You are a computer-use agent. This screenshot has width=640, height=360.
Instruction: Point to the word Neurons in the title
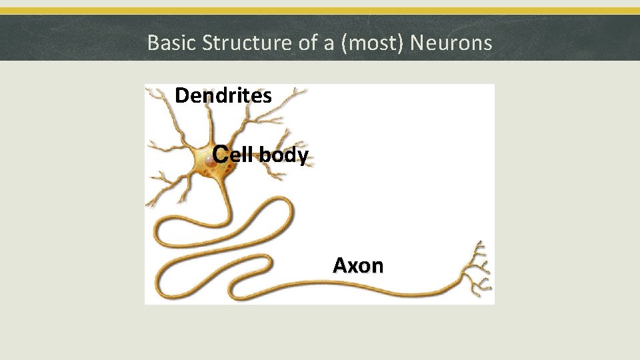[x=451, y=43]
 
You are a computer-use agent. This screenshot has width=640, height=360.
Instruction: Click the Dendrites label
[x=223, y=96]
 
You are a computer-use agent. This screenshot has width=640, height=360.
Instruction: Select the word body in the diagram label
[x=283, y=156]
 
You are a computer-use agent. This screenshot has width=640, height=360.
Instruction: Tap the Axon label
[x=358, y=265]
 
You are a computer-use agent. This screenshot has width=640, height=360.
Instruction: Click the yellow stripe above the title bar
[x=320, y=11]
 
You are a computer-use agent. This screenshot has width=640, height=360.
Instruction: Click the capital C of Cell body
[x=221, y=155]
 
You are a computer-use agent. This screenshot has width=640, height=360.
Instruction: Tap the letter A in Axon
[x=339, y=265]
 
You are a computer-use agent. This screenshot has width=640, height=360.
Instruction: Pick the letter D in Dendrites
[x=181, y=96]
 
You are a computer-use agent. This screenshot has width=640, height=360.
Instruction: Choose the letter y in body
[x=303, y=158]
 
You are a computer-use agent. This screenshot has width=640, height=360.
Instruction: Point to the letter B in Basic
[x=152, y=43]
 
